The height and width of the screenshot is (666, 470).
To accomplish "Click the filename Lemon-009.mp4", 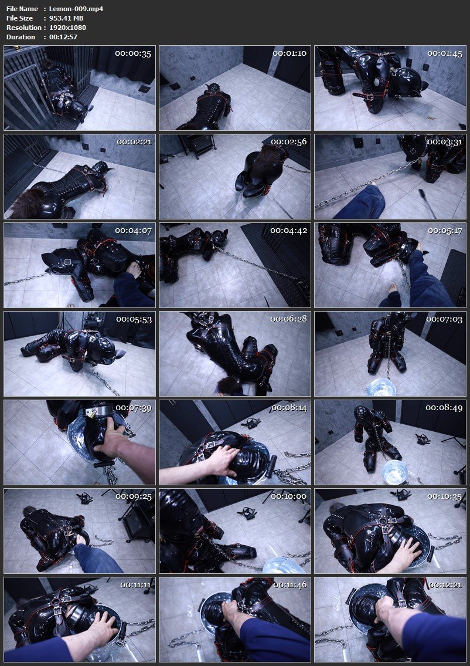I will [x=69, y=9].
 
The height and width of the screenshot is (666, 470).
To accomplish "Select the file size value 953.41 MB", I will [x=67, y=18].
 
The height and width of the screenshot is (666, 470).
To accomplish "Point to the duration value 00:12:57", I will [x=64, y=37].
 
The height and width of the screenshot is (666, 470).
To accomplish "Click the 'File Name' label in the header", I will [x=22, y=9].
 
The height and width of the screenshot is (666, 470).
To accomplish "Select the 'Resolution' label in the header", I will [x=24, y=28].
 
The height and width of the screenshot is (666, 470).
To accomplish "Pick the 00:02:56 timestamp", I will [x=289, y=142].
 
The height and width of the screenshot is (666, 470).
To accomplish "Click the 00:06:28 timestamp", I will [x=289, y=319].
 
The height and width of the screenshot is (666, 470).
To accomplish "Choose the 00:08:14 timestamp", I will [x=289, y=408].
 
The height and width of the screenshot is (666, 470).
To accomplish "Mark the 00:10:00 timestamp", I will [x=289, y=496].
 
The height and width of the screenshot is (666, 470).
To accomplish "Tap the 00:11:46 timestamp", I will [x=289, y=585].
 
